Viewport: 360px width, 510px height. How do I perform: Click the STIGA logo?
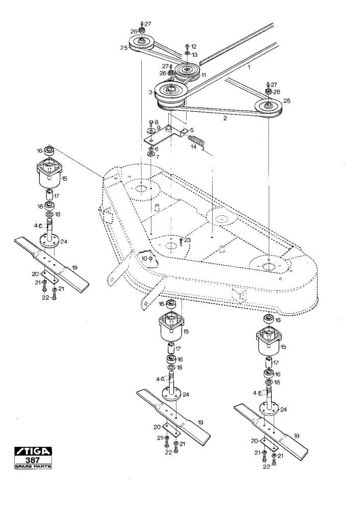click(x=33, y=451)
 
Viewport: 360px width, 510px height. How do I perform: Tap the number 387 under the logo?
click(x=33, y=460)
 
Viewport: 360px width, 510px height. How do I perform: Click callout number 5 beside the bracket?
click(x=192, y=130)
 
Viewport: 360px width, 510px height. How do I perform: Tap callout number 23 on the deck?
click(x=188, y=240)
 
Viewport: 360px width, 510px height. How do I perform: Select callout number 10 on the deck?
click(x=144, y=258)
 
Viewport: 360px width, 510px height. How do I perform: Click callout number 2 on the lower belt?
click(x=225, y=118)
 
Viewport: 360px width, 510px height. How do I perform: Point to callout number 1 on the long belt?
click(x=249, y=67)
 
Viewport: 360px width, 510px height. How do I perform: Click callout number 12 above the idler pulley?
click(x=194, y=46)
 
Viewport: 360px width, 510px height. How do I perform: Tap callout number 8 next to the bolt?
click(x=157, y=121)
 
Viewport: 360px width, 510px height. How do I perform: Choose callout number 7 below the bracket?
click(x=158, y=157)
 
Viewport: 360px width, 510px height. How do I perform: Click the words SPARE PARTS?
click(x=33, y=467)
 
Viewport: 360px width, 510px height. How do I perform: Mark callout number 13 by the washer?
click(x=194, y=55)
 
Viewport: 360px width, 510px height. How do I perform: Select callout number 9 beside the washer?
click(x=159, y=128)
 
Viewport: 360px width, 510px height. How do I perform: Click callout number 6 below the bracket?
click(x=157, y=149)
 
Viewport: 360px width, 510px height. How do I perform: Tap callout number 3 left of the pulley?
click(x=150, y=93)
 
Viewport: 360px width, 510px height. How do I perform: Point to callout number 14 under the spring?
click(x=194, y=147)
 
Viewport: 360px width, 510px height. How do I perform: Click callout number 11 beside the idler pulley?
click(x=203, y=75)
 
